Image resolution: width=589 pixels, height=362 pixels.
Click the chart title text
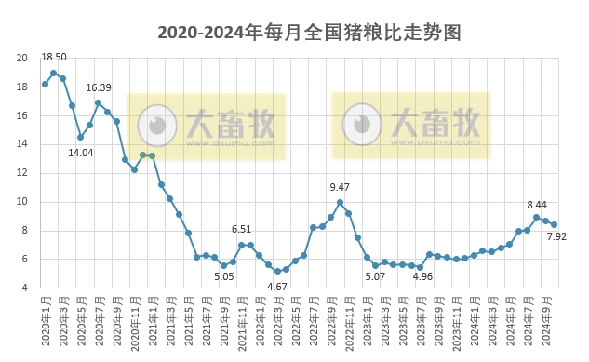[309, 34]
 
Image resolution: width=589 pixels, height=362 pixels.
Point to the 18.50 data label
[54, 58]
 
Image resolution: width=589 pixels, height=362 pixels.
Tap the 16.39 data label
[99, 87]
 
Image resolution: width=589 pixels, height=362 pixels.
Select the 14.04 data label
[81, 153]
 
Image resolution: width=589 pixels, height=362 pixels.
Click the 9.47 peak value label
[341, 188]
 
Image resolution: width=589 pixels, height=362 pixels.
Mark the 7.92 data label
[556, 237]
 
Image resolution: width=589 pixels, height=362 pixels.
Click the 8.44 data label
[537, 204]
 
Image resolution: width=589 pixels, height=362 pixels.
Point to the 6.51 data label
[242, 229]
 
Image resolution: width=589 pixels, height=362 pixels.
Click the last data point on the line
[555, 224]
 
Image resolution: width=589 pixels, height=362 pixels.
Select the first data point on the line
[45, 84]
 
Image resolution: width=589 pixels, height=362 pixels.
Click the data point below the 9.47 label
[341, 203]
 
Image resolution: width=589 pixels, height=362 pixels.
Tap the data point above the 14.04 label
[81, 137]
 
